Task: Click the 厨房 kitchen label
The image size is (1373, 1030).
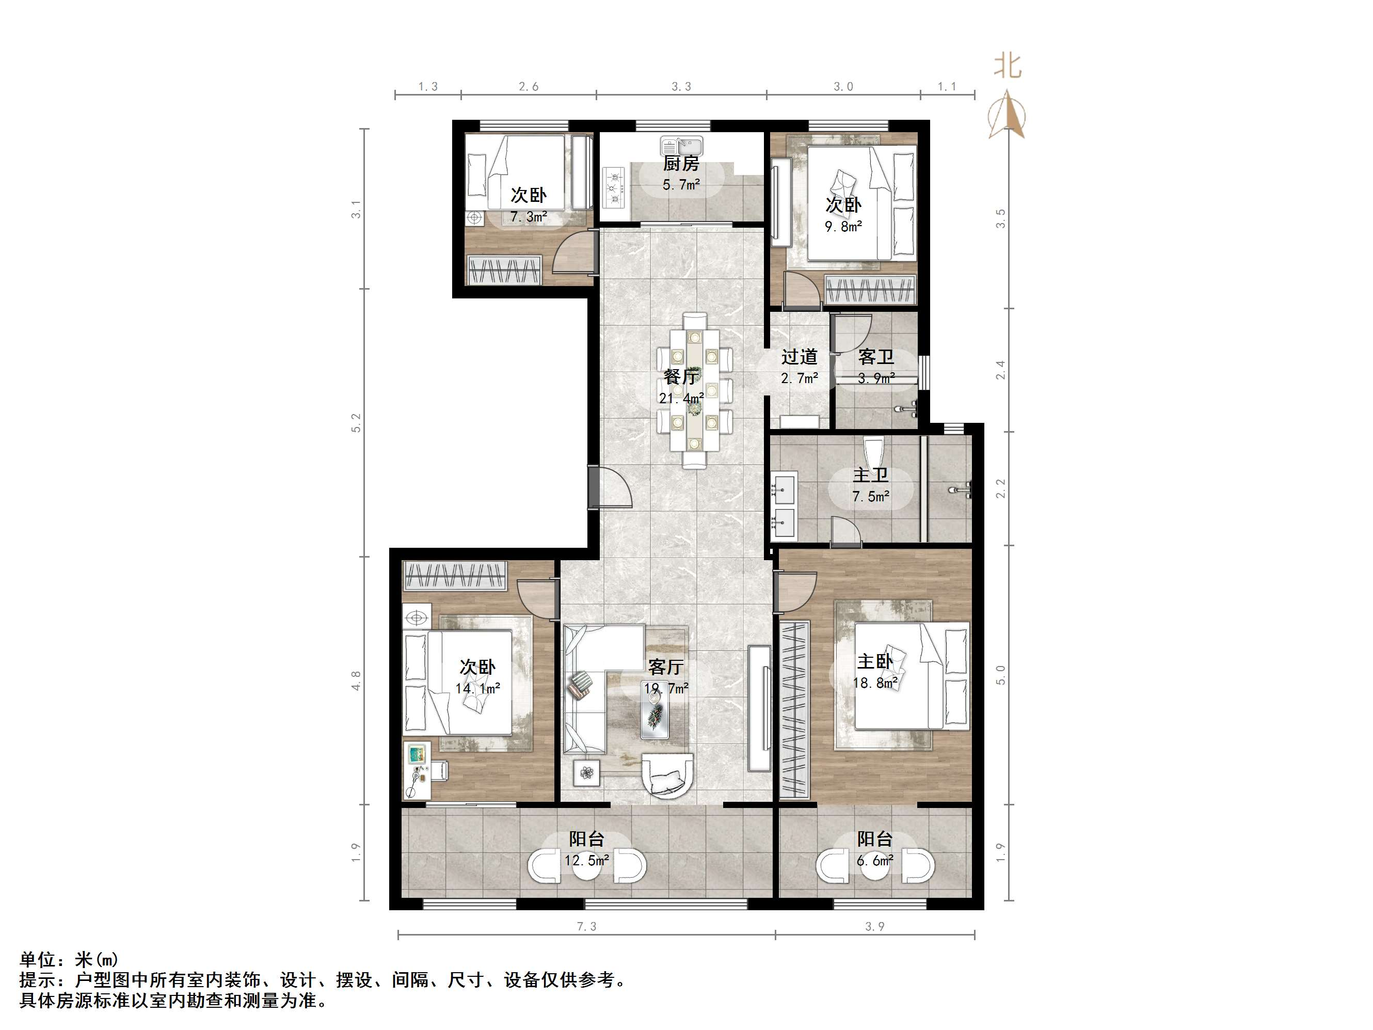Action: click(680, 163)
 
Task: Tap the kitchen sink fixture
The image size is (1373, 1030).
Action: click(681, 147)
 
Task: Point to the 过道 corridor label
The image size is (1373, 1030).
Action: click(799, 356)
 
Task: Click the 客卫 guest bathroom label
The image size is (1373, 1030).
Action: click(876, 356)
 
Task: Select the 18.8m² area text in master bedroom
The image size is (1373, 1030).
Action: click(874, 683)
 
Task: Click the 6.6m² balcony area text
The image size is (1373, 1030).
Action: click(874, 861)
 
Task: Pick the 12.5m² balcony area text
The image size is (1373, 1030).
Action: click(586, 861)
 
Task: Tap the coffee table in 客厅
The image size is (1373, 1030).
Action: click(655, 717)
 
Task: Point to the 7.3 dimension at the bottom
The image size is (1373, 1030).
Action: click(586, 926)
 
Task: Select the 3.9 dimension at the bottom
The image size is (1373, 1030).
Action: click(874, 926)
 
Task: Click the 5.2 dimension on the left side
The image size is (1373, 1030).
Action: click(356, 422)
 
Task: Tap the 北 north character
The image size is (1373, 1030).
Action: click(1008, 65)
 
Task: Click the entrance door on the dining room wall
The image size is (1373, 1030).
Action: click(611, 487)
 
